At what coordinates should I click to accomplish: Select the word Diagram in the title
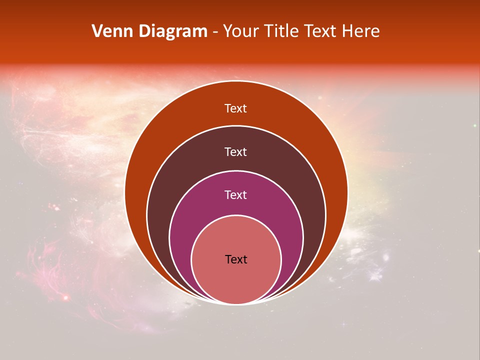click(x=172, y=31)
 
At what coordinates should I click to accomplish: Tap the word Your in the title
click(x=239, y=31)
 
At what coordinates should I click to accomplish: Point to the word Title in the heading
click(x=281, y=31)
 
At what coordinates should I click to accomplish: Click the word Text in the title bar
click(x=322, y=31)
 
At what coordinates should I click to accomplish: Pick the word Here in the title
click(x=361, y=31)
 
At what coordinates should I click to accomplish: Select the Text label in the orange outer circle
click(x=235, y=108)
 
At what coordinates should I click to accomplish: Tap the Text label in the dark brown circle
click(x=235, y=151)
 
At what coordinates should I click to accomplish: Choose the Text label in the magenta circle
click(x=235, y=194)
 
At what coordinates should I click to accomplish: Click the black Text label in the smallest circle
click(x=236, y=259)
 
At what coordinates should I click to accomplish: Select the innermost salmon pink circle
click(x=236, y=280)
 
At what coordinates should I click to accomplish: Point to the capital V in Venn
click(x=97, y=31)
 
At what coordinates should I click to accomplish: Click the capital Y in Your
click(x=227, y=31)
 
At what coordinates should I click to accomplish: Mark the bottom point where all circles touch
click(x=236, y=303)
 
